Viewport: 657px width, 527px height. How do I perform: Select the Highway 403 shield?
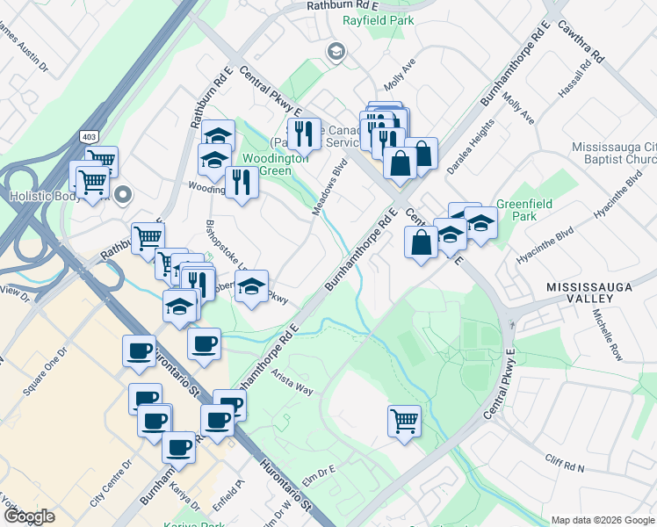[89, 137]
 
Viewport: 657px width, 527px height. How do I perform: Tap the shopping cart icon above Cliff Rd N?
[404, 421]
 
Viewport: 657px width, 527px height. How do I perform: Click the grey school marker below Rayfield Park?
[335, 53]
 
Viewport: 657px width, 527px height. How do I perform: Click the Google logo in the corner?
[29, 516]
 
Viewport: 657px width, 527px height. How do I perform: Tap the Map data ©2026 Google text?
[603, 520]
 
